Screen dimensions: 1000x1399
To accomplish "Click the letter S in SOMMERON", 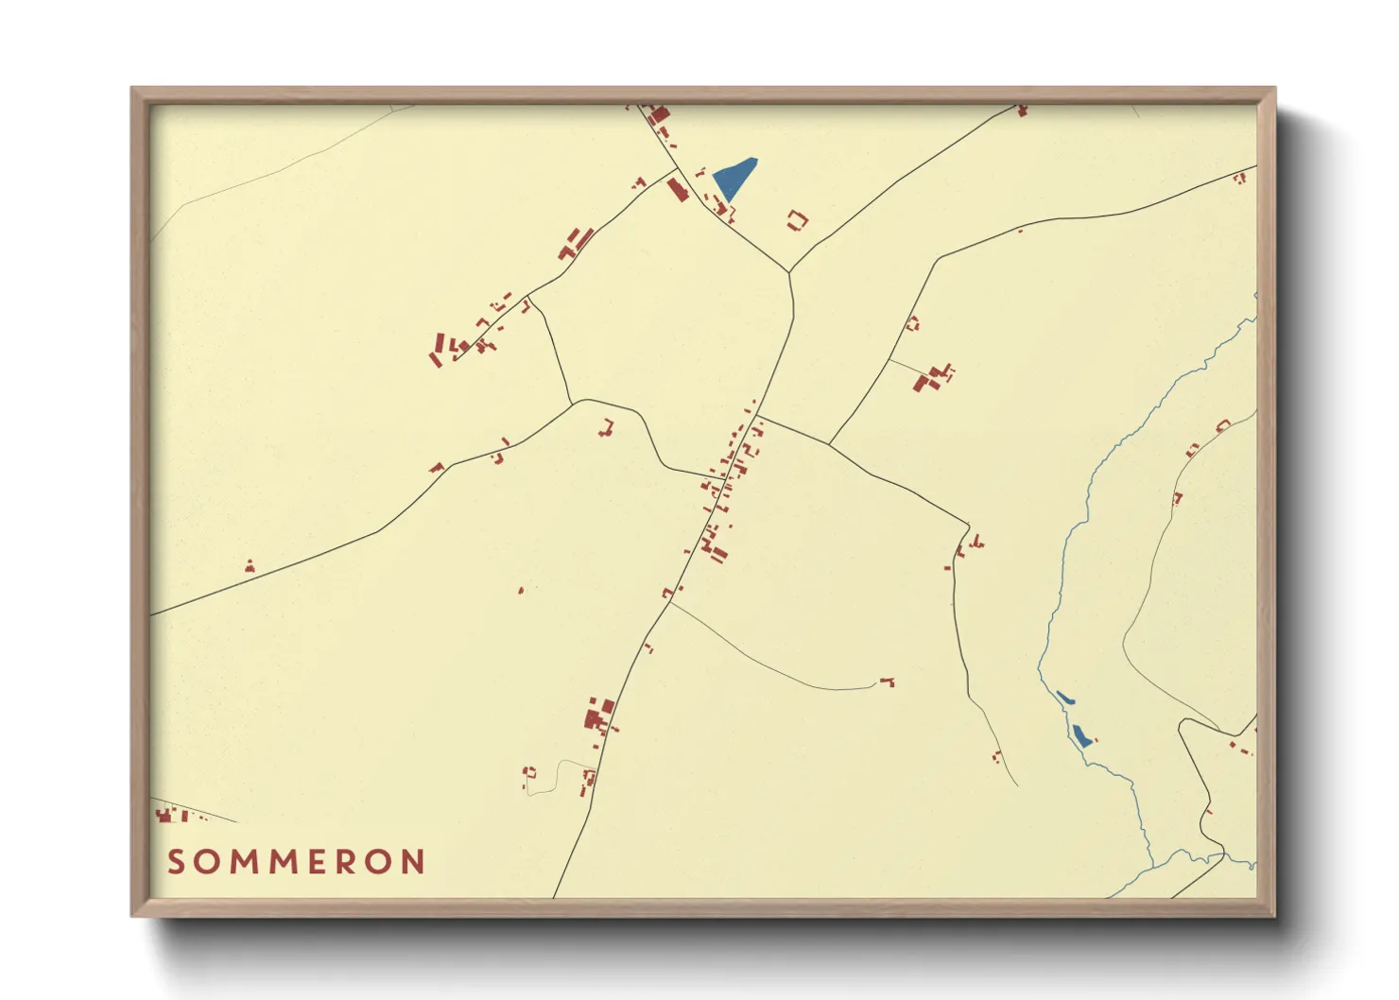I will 176,862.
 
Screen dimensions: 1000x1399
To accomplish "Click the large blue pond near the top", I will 734,178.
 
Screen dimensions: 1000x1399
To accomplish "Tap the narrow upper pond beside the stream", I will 1064,698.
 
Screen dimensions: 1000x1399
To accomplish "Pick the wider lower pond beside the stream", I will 1081,735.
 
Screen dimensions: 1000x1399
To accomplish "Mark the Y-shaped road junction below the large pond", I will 788,272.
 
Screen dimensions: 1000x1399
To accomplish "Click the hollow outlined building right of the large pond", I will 798,221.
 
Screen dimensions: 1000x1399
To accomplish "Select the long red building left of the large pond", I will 677,189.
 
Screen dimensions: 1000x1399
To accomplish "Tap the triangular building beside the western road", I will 250,566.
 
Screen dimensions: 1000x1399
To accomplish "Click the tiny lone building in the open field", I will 521,590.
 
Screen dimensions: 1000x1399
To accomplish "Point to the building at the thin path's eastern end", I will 888,681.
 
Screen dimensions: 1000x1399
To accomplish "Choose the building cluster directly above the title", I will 170,815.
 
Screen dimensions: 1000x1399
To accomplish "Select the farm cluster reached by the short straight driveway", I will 932,377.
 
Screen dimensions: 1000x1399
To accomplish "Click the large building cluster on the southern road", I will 599,716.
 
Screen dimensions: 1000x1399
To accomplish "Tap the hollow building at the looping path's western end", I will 528,773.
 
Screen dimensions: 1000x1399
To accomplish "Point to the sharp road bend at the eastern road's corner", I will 969,526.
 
